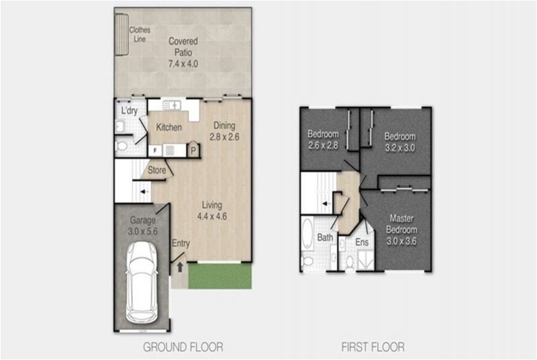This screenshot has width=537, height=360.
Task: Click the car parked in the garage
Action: (142, 283)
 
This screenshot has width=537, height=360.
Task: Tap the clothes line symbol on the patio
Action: (121, 35)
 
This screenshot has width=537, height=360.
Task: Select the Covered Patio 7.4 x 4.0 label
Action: (183, 52)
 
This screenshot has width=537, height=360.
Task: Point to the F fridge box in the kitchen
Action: (155, 150)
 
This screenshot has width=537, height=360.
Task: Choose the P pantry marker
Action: (193, 150)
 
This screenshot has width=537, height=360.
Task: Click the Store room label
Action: (157, 170)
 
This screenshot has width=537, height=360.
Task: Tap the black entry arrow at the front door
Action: (180, 267)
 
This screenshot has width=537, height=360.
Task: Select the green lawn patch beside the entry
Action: (220, 276)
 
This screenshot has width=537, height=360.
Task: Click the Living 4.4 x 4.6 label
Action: (211, 211)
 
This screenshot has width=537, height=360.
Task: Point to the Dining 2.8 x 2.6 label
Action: (224, 131)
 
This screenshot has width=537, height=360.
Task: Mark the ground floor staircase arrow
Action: (145, 192)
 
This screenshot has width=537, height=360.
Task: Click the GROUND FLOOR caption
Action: (183, 347)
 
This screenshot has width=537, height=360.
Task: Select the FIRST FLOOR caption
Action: (373, 347)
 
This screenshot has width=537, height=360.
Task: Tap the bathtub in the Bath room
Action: (307, 234)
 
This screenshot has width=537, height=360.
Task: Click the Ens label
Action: (362, 242)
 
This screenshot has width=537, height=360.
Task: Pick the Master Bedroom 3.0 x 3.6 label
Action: (401, 230)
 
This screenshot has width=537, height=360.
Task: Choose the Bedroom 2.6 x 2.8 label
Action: (323, 140)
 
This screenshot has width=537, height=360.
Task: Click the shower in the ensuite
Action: (366, 261)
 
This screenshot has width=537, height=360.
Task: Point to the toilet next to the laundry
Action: (121, 146)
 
